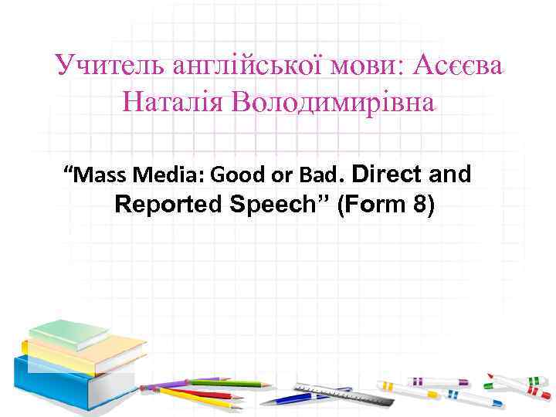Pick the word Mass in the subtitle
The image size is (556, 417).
pyautogui.click(x=99, y=175)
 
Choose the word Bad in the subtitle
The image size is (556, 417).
pyautogui.click(x=314, y=175)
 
